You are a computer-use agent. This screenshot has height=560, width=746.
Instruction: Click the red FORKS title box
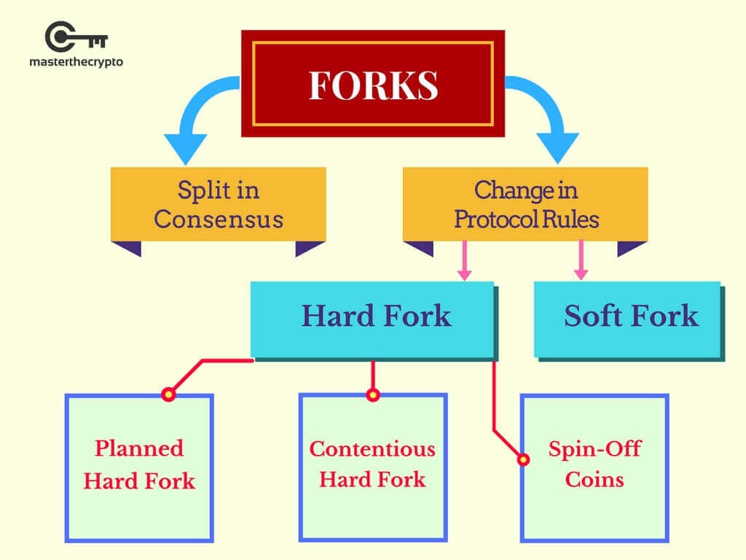(x=372, y=83)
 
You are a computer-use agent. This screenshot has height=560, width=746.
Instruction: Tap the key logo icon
(x=76, y=36)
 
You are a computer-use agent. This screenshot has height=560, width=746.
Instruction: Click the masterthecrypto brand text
(x=76, y=62)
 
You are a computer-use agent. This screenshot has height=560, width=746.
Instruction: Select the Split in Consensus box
(x=218, y=204)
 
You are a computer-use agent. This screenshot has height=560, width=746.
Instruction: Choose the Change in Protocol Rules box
(x=525, y=204)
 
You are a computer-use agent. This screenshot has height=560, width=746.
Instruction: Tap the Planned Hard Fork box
(x=138, y=467)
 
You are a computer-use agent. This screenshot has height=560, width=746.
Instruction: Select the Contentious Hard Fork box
(x=372, y=467)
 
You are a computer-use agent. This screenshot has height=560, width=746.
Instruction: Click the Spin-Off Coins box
(x=594, y=467)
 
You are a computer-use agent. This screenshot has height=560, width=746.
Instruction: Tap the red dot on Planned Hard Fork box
(x=168, y=394)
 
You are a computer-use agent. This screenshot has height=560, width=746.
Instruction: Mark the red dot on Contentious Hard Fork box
(x=373, y=395)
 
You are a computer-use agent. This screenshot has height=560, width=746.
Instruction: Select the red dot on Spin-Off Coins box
(x=522, y=460)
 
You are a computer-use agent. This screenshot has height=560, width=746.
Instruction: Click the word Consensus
(x=218, y=219)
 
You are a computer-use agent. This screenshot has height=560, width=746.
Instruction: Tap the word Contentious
(x=372, y=448)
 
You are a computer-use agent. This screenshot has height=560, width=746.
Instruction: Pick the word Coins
(x=594, y=481)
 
